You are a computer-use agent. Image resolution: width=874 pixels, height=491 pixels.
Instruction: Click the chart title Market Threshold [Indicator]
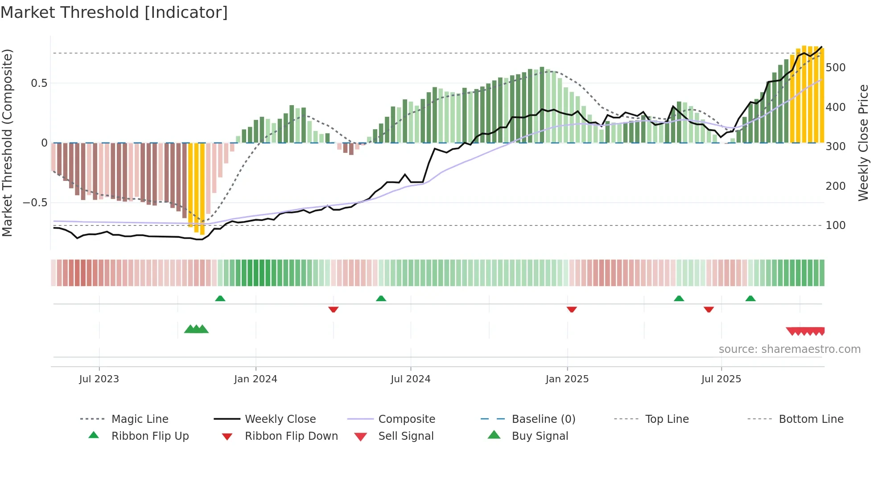[114, 12]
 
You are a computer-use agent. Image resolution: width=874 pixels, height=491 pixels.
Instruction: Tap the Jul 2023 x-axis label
[99, 379]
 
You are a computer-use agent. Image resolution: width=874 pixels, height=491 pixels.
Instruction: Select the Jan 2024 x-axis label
[256, 379]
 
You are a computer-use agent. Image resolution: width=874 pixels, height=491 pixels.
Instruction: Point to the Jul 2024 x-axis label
[410, 379]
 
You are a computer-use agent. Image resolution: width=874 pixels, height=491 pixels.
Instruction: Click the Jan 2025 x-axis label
[567, 379]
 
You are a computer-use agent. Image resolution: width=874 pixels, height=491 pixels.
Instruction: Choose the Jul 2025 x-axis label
[721, 379]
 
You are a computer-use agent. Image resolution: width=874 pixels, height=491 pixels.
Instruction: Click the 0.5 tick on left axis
[39, 83]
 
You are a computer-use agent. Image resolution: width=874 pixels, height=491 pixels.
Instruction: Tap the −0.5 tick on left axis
[35, 203]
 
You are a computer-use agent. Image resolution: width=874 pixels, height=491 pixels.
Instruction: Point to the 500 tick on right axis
[835, 68]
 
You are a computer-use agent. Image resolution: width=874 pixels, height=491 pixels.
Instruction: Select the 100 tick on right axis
[835, 225]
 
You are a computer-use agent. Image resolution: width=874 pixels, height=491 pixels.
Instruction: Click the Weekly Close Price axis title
[863, 143]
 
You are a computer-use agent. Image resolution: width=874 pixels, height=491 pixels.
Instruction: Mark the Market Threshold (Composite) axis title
[7, 143]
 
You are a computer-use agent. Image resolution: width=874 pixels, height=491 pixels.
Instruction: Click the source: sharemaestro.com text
[789, 349]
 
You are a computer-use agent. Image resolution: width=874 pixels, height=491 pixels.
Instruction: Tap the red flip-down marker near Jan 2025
[572, 309]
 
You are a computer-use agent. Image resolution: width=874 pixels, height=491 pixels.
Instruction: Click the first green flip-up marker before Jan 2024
[220, 299]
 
